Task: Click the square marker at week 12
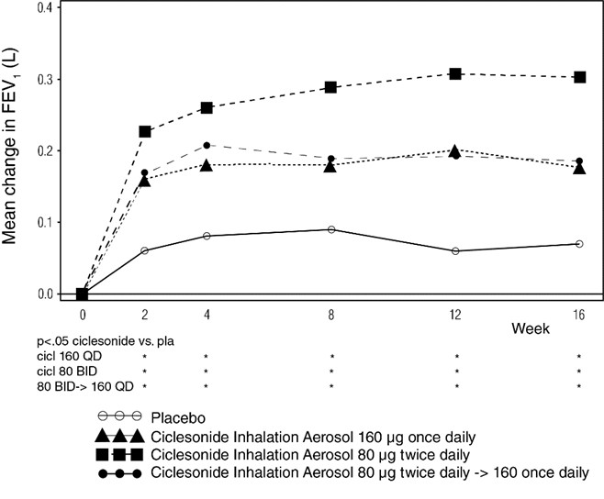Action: coord(455,73)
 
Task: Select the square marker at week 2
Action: coord(145,131)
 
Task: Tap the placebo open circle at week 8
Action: coord(331,229)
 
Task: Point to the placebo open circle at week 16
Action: coord(579,244)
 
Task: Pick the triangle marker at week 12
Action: coord(455,150)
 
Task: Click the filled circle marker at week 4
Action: coord(207,145)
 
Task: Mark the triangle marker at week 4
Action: coord(207,165)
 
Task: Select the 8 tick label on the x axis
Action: coord(331,312)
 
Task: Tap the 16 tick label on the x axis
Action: coord(579,312)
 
